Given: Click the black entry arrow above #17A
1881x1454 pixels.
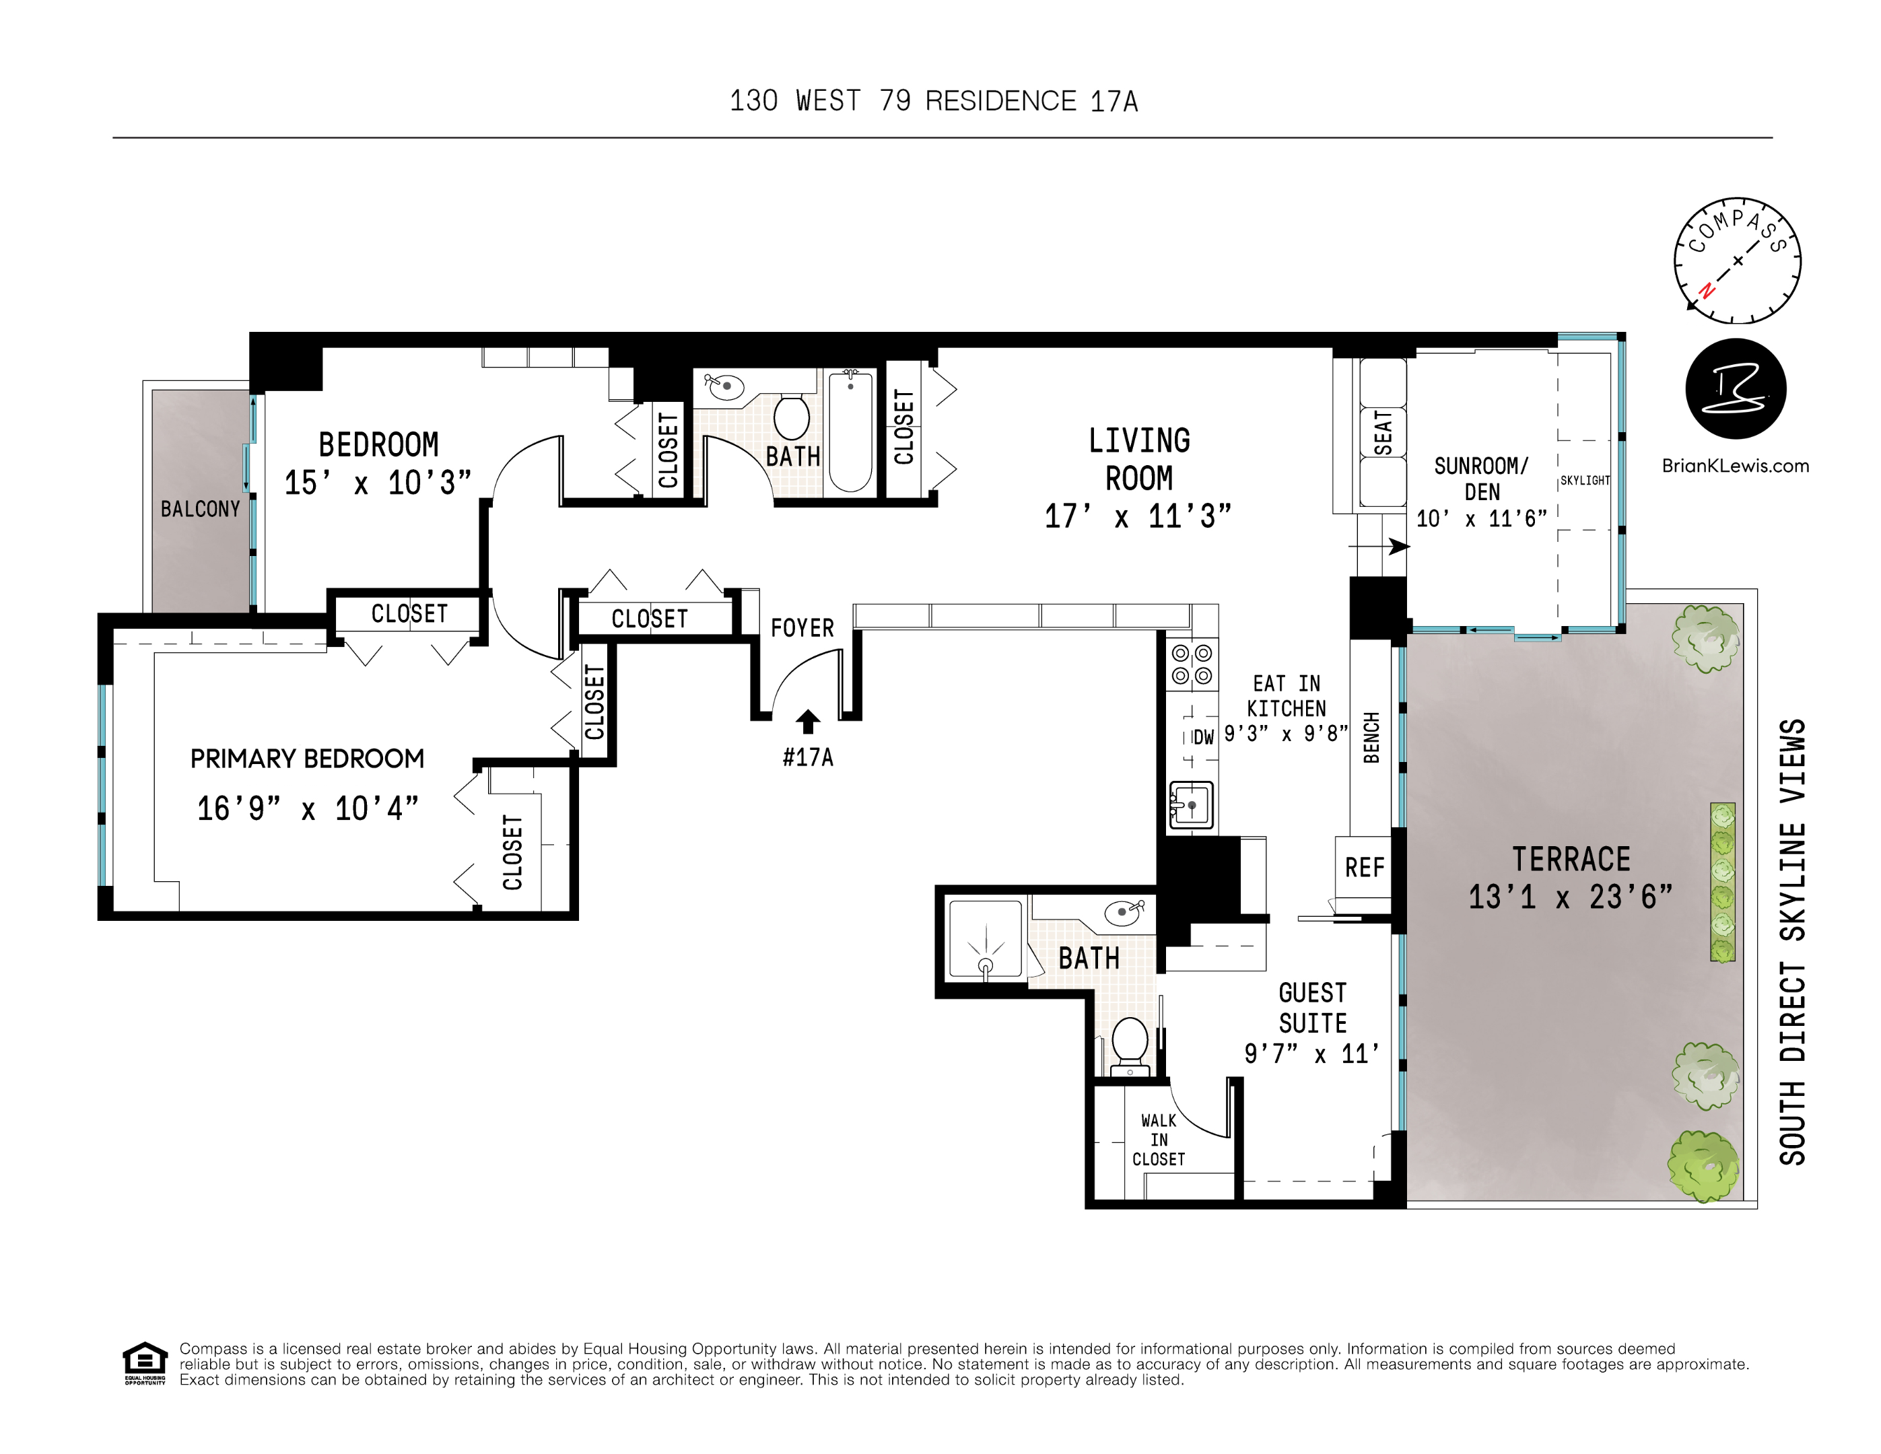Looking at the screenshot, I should [x=807, y=722].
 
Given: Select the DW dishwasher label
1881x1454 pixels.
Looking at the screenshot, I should [x=1203, y=737].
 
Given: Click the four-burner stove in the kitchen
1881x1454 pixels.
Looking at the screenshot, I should [x=1192, y=665].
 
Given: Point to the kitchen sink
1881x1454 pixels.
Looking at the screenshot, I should [x=1191, y=805].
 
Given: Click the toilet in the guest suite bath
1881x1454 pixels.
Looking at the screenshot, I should [x=1130, y=1043].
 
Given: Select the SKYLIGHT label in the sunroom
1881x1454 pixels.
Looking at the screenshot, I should [x=1585, y=481].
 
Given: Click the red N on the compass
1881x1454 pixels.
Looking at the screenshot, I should [x=1706, y=290].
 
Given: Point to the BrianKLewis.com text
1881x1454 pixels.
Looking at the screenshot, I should [x=1735, y=466].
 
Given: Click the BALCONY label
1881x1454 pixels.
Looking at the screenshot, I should [x=200, y=509].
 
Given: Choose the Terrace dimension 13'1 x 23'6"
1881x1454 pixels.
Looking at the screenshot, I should [x=1570, y=897].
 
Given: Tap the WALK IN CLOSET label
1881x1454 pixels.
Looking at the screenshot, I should [x=1159, y=1140].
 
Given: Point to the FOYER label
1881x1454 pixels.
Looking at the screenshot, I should [x=802, y=628].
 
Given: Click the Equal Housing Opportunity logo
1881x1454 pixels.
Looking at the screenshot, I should [x=145, y=1362].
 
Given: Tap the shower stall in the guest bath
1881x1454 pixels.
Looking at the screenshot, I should [x=986, y=940].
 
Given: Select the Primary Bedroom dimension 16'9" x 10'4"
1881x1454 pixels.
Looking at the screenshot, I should [x=308, y=809].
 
